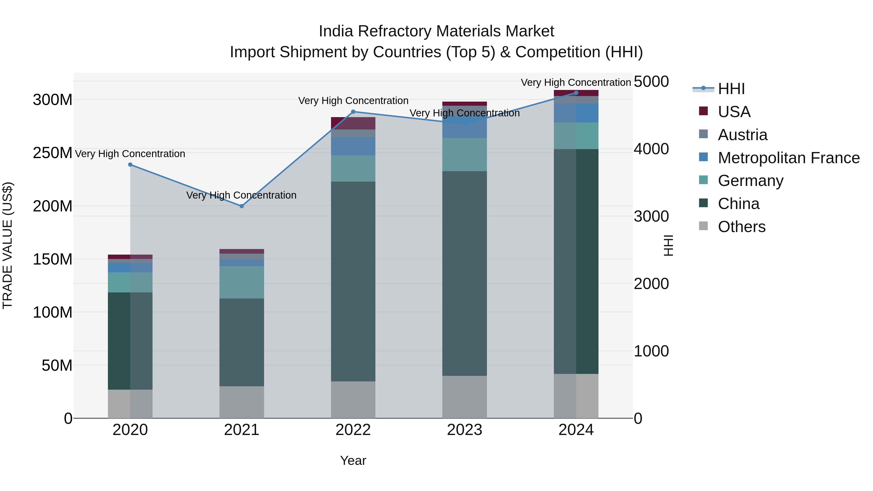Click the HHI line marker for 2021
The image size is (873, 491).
click(242, 206)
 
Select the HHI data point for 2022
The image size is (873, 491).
click(353, 112)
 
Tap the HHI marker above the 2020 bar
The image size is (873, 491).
click(130, 165)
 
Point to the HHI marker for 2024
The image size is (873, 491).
click(576, 93)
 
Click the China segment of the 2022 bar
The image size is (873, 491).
click(353, 281)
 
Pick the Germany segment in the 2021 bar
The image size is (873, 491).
click(242, 282)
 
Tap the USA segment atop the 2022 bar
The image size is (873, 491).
click(353, 123)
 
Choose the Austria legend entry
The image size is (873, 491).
click(743, 135)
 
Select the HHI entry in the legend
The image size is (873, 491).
click(731, 89)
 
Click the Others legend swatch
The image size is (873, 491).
click(703, 226)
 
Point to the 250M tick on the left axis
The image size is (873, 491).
click(53, 153)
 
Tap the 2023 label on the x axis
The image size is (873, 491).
click(465, 430)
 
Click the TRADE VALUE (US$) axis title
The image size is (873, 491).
click(8, 245)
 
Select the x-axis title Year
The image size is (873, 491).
click(353, 460)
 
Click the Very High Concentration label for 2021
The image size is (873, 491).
click(241, 195)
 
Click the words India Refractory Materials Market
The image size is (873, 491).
click(436, 31)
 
